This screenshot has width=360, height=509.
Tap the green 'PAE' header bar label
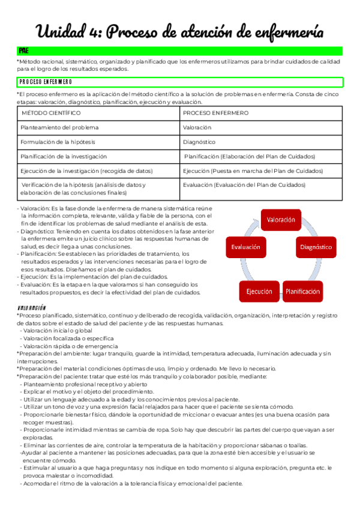tap(25, 51)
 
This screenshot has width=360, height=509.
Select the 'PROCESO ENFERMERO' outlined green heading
tap(46, 82)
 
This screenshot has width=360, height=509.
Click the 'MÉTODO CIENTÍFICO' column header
tap(51, 113)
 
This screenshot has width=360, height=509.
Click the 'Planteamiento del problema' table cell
tap(59, 127)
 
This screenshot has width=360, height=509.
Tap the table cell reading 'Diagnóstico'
tap(199, 142)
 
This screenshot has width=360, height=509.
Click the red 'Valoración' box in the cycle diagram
tap(280, 220)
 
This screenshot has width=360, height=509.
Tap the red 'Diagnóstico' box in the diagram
tap(316, 247)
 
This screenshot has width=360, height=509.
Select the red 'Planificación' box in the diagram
tap(302, 291)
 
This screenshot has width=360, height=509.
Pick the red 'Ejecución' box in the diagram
tap(259, 291)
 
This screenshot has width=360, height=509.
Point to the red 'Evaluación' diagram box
tap(245, 247)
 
